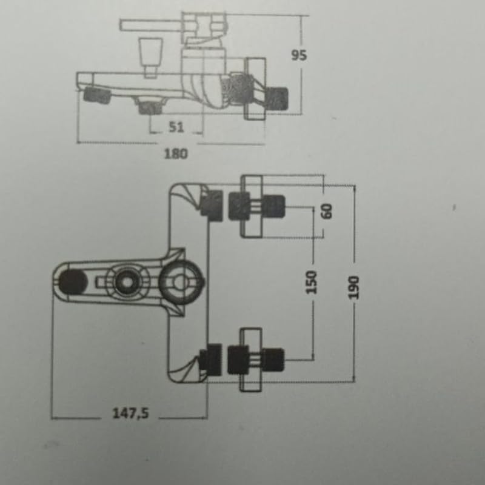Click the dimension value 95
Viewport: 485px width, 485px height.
299,55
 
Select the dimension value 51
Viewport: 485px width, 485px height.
176,127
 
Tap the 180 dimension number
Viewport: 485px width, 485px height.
176,153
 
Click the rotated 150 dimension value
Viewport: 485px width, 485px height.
312,283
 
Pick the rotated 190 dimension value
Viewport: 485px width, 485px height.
355,288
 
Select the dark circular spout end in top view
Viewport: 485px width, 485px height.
72,283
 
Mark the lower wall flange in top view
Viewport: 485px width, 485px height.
251,360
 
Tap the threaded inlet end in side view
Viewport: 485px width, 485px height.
278,97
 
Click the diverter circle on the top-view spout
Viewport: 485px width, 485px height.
126,283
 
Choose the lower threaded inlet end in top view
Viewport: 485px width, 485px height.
274,358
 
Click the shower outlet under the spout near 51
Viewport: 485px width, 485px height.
149,107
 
